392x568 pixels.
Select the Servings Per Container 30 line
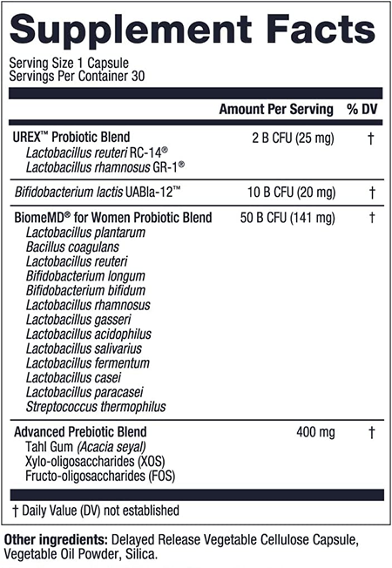[x=77, y=76]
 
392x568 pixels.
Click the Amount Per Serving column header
[x=276, y=109]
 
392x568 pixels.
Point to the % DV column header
[x=359, y=109]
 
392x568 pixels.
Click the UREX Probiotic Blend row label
[x=71, y=138]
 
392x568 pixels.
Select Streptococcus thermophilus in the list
[x=96, y=407]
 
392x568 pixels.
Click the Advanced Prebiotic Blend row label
[x=79, y=432]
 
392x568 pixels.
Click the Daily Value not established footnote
[x=95, y=511]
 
